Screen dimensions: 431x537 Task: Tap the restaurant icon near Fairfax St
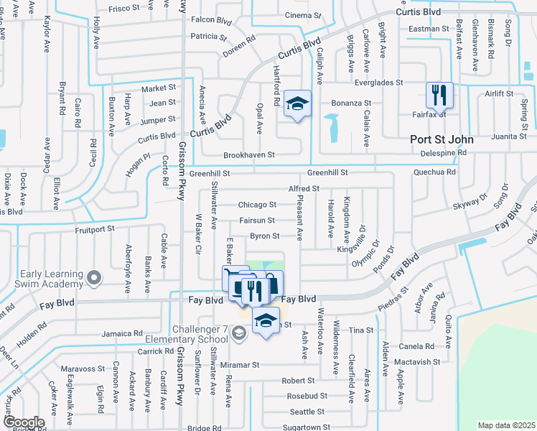coord(439,95)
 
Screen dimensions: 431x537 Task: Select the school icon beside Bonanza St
coord(297,104)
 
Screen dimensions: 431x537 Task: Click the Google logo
coord(23,422)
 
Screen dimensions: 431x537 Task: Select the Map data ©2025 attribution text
coord(506,425)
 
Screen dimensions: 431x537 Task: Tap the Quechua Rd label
coord(434,172)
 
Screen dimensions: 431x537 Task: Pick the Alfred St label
coord(303,188)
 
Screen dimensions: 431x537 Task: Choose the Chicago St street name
coord(257,205)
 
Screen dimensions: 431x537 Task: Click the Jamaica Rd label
coord(122,333)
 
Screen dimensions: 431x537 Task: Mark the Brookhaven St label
coord(249,154)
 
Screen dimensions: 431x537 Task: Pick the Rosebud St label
coord(307,396)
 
